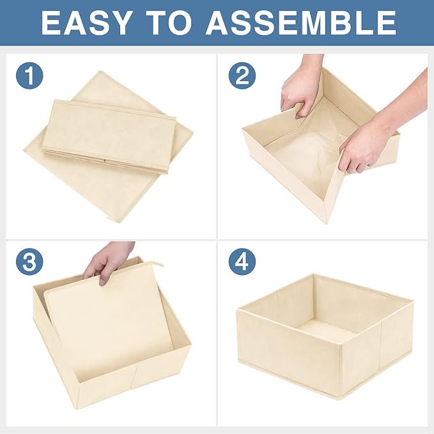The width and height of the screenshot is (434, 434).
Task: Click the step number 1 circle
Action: click(x=29, y=76)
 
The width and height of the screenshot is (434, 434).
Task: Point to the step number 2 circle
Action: click(x=242, y=76)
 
